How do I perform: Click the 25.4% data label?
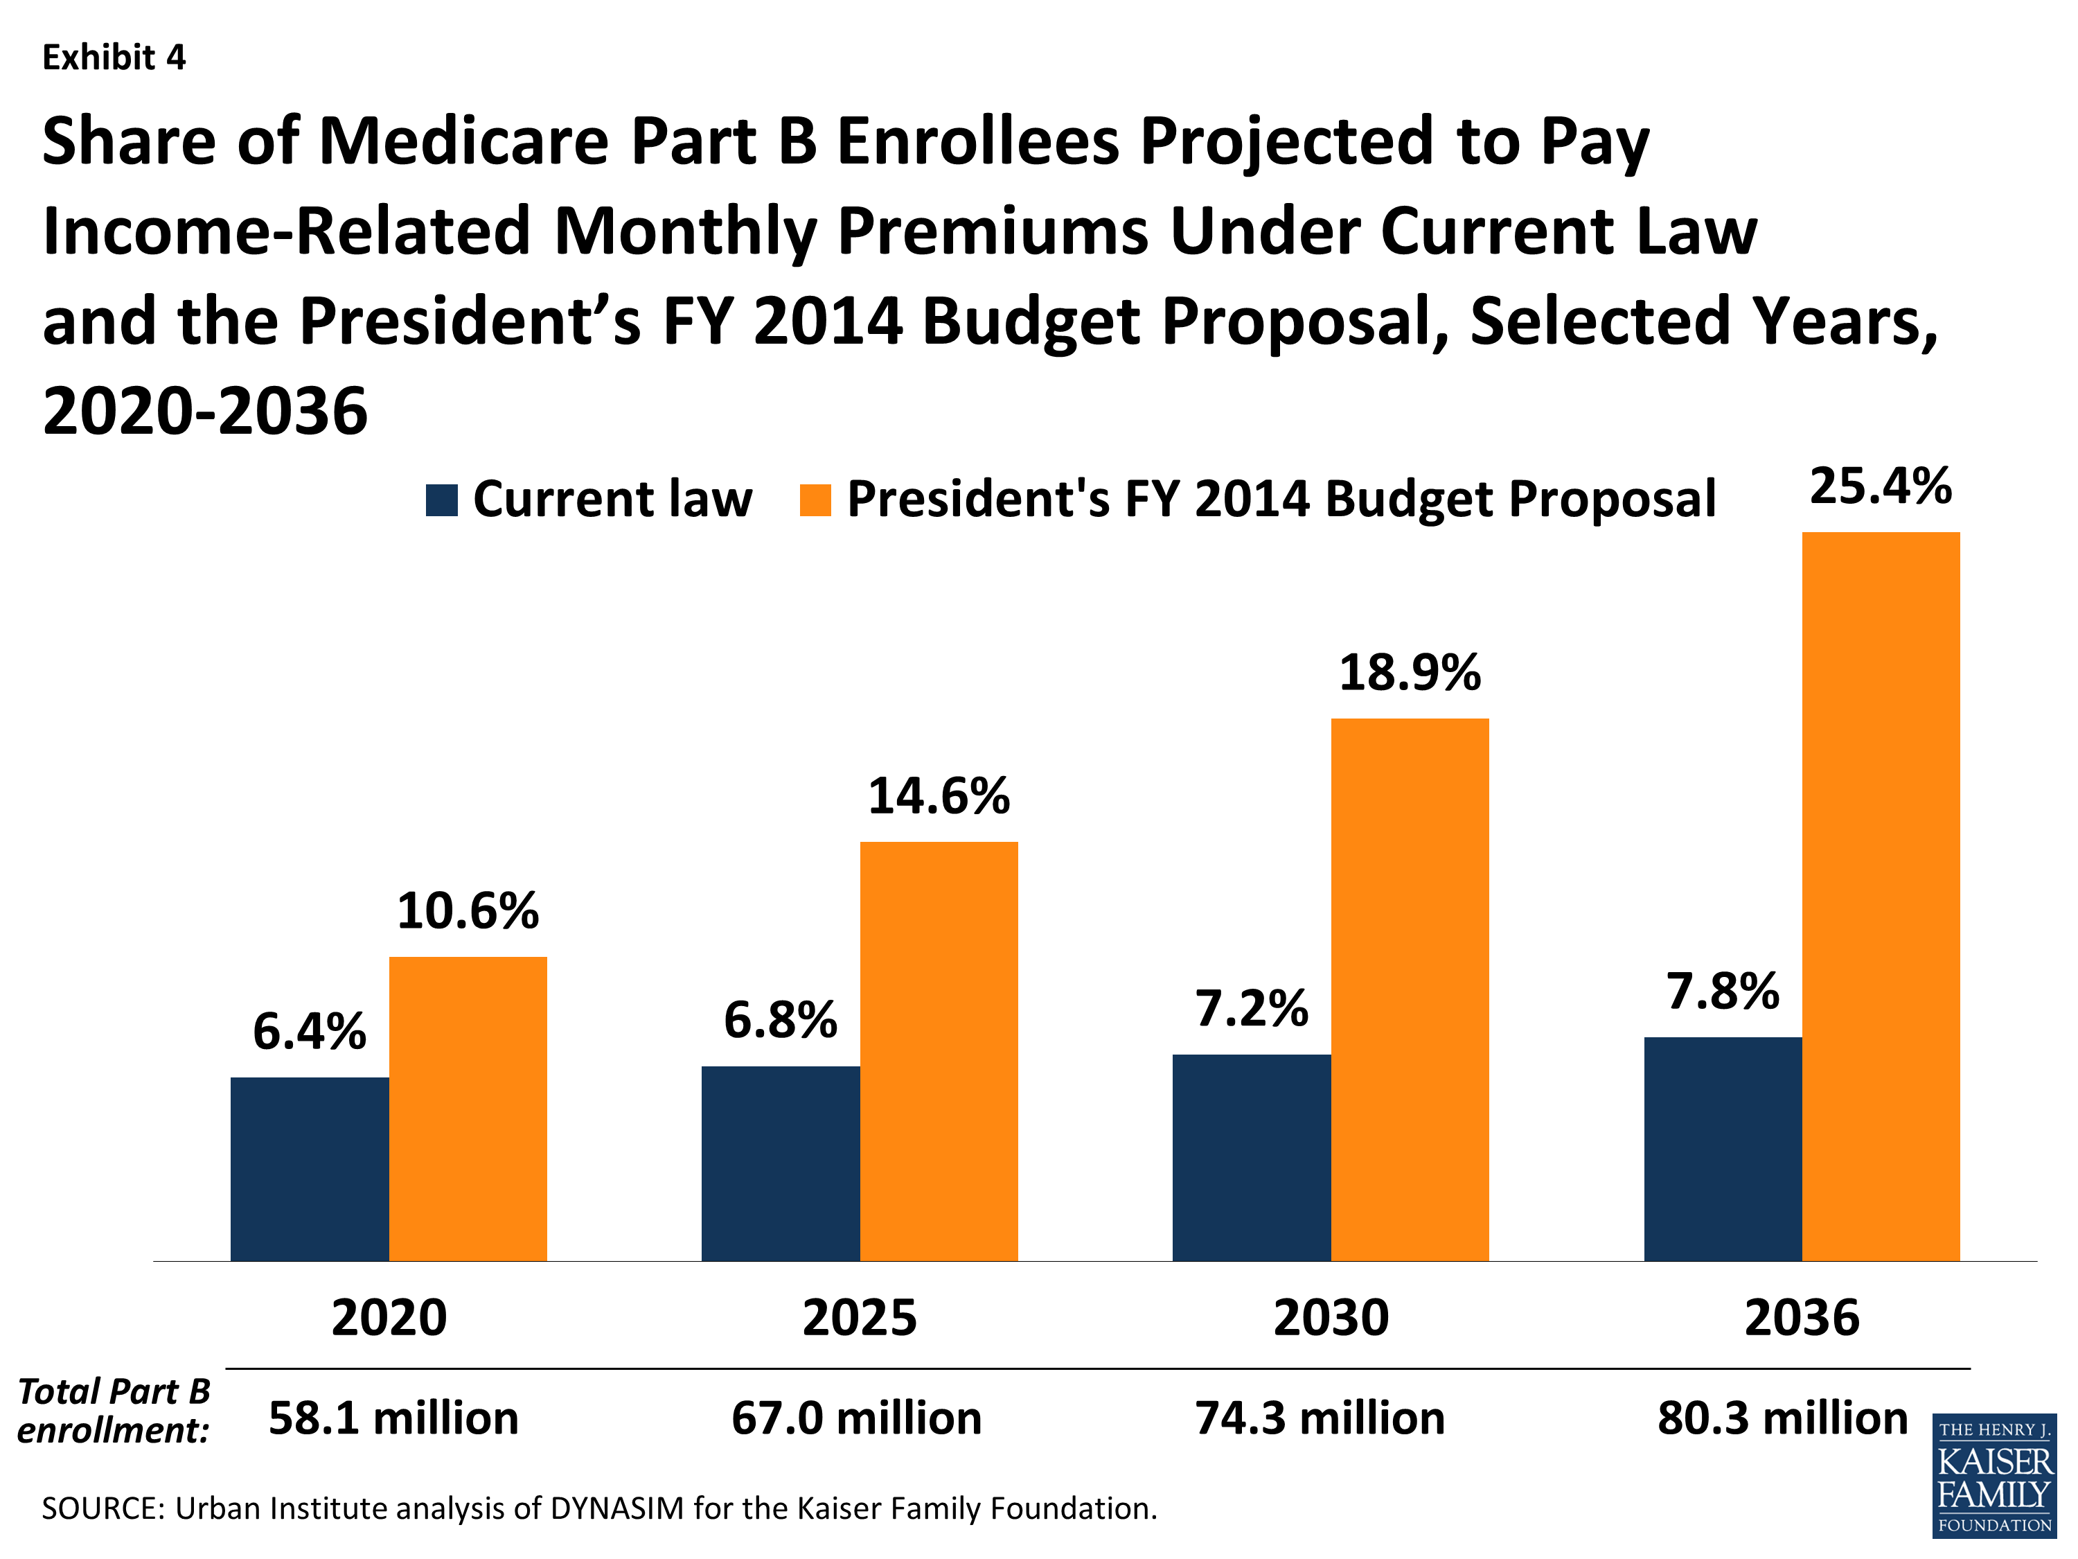[1880, 487]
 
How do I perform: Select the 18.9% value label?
[1409, 673]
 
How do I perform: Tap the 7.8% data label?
[1722, 992]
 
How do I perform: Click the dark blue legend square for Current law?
[441, 500]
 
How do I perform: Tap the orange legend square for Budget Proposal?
[815, 500]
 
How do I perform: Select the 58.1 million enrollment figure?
[393, 1418]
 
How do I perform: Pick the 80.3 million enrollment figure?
[1782, 1418]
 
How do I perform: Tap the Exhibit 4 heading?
[114, 58]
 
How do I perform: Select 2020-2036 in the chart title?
[205, 412]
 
